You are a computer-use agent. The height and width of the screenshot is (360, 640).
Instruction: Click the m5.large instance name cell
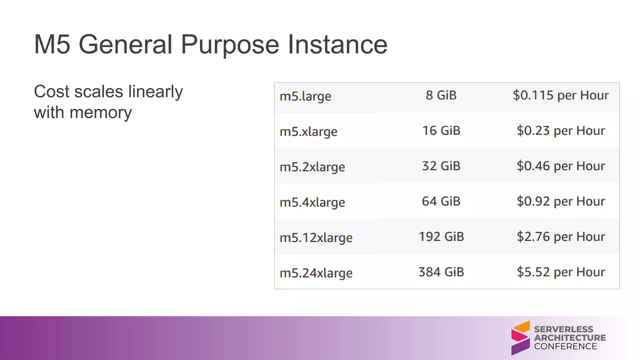pos(305,96)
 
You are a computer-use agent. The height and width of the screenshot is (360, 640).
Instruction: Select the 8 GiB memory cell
pos(441,95)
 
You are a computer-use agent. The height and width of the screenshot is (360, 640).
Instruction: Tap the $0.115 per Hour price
pos(561,95)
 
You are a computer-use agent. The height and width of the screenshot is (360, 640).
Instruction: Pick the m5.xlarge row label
pos(308,132)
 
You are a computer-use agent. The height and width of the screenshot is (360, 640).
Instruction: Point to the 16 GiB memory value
pos(441,131)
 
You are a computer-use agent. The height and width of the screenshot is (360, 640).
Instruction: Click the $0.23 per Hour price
pos(561,131)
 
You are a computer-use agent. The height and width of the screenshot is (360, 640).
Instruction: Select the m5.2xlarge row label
pos(312,167)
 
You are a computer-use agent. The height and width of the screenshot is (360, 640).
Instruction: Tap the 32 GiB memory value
pos(441,166)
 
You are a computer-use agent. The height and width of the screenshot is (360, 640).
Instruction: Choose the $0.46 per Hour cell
pos(561,166)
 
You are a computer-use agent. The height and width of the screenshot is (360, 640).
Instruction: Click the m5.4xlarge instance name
pos(312,202)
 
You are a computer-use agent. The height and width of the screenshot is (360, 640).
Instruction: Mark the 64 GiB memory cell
pos(441,201)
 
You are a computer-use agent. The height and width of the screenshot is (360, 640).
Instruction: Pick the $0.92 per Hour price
pos(561,201)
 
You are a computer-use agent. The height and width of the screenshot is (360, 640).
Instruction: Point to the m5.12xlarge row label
pos(316,237)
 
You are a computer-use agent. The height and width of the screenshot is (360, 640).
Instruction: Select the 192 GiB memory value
pos(441,237)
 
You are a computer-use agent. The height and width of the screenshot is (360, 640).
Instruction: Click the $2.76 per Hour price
pos(561,237)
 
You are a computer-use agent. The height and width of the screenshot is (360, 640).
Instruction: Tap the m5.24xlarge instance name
pos(316,273)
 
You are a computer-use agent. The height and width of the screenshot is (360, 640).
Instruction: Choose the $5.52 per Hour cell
pos(561,272)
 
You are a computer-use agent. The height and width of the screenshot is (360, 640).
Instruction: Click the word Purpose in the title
pos(230,45)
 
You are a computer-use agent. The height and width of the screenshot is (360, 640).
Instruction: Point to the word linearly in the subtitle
pos(155,92)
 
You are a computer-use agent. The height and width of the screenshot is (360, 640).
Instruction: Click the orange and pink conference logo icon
pos(520,338)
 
